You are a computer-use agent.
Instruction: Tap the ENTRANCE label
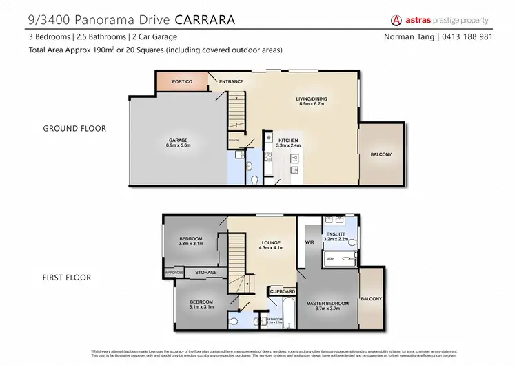click(231, 82)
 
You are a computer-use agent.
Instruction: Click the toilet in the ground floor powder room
click(254, 180)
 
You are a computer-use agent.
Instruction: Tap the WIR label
click(310, 242)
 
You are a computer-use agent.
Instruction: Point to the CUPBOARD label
click(282, 291)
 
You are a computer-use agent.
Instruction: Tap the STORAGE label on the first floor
click(205, 273)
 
